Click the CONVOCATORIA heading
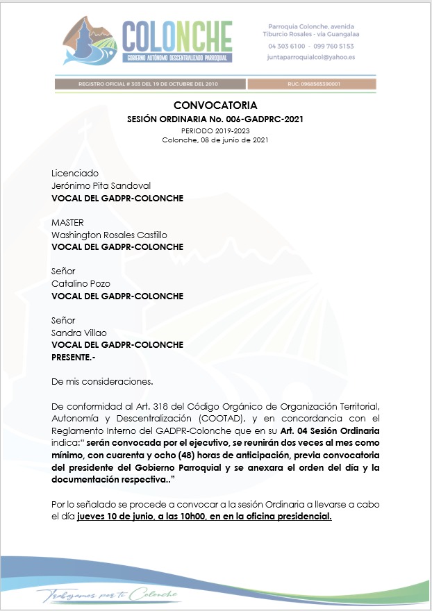click(215, 106)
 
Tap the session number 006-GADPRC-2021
click(263, 119)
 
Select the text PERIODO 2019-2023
click(215, 131)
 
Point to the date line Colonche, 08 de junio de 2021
click(215, 140)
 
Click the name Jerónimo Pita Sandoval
click(101, 185)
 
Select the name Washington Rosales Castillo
click(109, 235)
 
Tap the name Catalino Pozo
click(81, 283)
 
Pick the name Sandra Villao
click(79, 333)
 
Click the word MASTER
click(67, 222)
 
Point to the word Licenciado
click(75, 173)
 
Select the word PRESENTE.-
click(75, 357)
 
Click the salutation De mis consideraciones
click(102, 381)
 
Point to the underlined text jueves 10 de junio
click(120, 517)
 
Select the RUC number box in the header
click(311, 84)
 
